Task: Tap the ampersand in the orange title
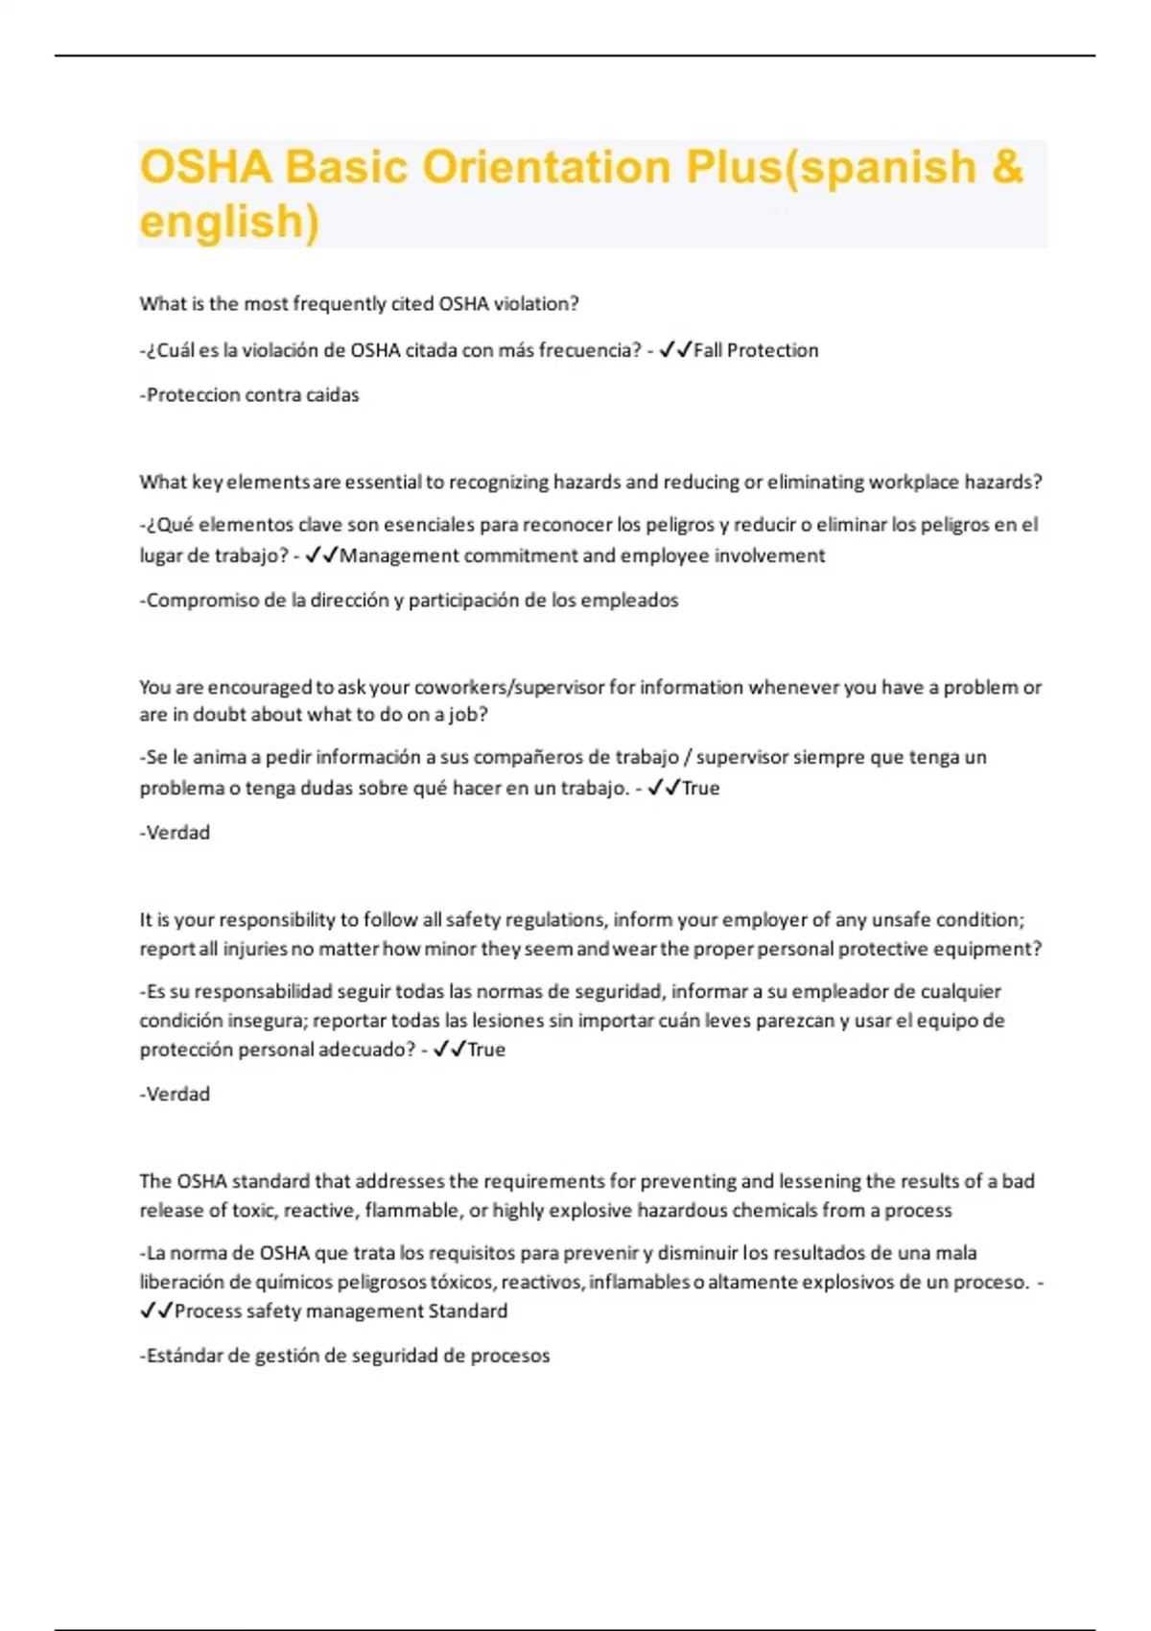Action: coord(1007,167)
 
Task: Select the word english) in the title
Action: coord(229,221)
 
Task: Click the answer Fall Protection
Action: coord(756,350)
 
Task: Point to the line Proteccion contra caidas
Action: coord(249,394)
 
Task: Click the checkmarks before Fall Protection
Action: coord(675,350)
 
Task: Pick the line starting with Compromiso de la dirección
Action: coord(410,600)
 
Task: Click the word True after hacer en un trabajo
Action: coord(700,788)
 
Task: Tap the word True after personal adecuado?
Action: coord(486,1049)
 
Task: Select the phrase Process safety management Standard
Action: coord(341,1311)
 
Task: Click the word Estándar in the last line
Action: coord(183,1356)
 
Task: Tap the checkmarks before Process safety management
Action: coord(156,1311)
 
